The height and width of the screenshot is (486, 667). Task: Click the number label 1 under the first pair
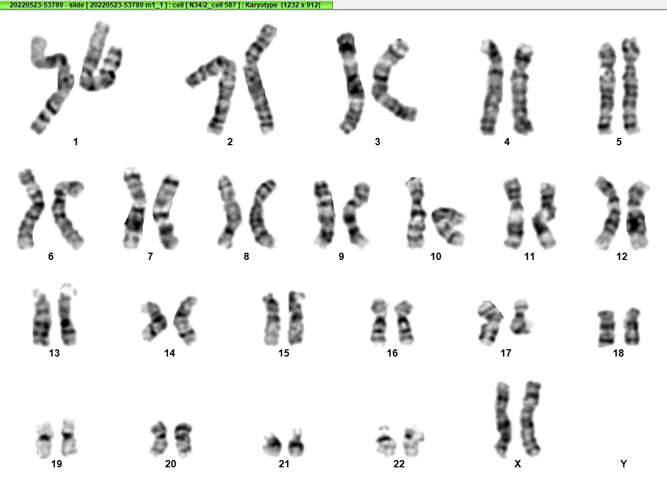(76, 142)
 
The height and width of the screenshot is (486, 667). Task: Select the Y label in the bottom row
(623, 464)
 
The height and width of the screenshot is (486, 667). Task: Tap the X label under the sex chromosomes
(518, 464)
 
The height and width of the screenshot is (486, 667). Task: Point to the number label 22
(399, 464)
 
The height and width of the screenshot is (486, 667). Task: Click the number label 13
(54, 353)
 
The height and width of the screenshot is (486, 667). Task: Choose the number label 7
(150, 257)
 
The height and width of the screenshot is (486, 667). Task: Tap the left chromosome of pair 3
(352, 83)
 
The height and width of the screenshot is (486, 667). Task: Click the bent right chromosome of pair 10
(449, 225)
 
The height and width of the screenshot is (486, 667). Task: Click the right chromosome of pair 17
(521, 317)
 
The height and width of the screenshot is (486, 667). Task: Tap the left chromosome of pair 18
(606, 328)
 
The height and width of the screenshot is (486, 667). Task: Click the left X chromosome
(503, 419)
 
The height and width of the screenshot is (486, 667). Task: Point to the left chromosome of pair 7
(134, 209)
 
